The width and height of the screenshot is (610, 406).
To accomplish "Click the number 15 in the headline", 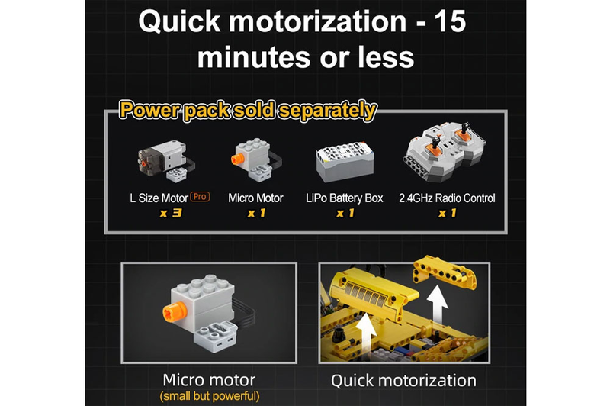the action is point(450,21).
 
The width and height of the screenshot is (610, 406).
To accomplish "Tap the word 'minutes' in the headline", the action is point(254,57).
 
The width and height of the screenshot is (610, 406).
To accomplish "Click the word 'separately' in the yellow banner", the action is point(328,111).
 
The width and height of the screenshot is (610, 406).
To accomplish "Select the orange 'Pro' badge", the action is point(200,197).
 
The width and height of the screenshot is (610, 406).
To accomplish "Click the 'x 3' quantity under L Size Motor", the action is point(170,214).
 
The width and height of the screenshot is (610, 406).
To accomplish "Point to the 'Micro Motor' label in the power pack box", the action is point(255,198).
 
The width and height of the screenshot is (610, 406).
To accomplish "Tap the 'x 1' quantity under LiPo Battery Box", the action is point(345,214).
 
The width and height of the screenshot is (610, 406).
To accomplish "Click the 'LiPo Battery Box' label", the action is point(345,198).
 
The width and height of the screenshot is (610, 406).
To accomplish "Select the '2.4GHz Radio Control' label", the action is point(447,198).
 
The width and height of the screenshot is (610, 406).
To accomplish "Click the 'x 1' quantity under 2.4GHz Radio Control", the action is point(447,214).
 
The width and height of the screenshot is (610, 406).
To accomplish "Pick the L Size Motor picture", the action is point(166,161).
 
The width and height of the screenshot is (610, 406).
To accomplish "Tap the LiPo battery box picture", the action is point(345,162).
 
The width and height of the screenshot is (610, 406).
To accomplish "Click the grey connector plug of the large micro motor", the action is point(215,337).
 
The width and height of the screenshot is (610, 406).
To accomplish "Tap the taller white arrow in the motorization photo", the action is point(437,306).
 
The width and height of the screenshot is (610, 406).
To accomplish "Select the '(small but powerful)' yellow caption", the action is point(209,396).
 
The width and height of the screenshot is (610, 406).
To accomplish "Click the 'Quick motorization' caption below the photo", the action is point(404,380).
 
